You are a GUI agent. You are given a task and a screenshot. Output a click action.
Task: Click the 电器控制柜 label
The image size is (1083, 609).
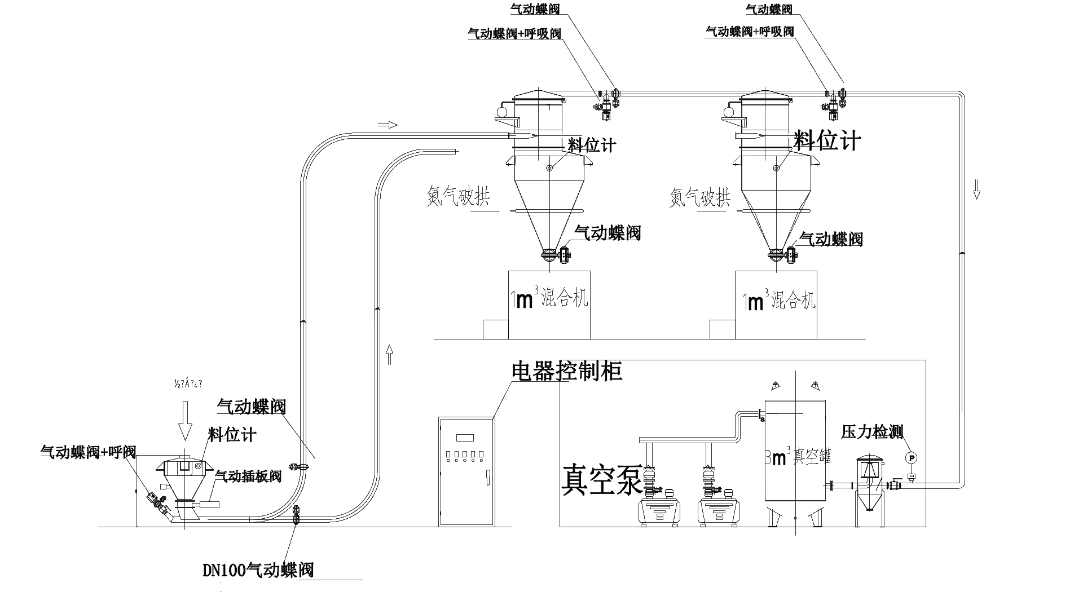click(566, 370)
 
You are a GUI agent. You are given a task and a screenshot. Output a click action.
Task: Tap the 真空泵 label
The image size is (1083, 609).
click(601, 479)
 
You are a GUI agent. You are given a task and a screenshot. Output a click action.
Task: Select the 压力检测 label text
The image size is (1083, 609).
click(872, 432)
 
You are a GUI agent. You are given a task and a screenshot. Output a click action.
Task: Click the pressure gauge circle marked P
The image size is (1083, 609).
click(911, 457)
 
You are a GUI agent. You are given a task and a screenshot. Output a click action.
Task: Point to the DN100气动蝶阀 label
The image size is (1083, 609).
click(258, 570)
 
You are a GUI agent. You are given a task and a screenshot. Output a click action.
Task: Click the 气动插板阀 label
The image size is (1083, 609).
click(248, 476)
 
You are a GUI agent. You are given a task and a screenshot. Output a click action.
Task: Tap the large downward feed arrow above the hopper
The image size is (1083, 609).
click(184, 422)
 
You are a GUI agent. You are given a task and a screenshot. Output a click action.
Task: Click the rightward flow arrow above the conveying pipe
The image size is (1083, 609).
click(387, 125)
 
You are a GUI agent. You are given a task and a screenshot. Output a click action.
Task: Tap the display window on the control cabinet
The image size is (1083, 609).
click(465, 438)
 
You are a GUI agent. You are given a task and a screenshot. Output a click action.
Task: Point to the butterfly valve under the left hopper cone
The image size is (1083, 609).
click(549, 255)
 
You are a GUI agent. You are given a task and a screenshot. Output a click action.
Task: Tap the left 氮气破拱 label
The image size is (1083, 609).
click(457, 197)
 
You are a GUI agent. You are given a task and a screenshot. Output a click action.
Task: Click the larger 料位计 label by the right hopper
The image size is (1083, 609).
click(827, 140)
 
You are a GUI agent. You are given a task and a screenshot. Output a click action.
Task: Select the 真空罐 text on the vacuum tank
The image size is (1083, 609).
click(812, 456)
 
